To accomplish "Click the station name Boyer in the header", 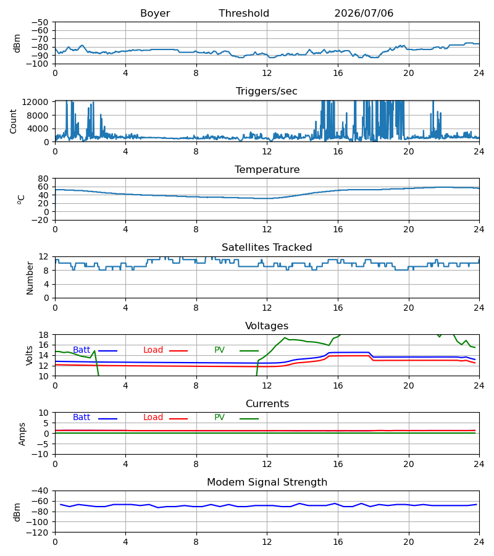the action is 155,14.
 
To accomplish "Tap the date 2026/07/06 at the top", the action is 364,14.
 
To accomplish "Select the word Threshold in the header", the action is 244,14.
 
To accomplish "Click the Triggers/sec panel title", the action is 267,91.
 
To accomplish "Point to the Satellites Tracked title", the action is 267,248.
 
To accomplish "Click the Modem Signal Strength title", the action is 267,482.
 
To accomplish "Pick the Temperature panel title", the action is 267,169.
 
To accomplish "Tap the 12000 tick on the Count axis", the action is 35,102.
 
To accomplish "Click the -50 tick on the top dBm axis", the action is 40,22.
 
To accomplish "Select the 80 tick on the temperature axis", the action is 43,179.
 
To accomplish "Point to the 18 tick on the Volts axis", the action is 43,335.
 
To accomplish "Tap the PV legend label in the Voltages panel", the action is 219,350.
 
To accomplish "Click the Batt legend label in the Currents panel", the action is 82,418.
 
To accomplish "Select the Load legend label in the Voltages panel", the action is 153,350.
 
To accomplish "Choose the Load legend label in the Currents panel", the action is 153,418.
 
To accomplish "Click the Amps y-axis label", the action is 22,434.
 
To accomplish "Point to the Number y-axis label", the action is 30,278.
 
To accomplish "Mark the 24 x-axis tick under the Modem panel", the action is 479,542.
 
